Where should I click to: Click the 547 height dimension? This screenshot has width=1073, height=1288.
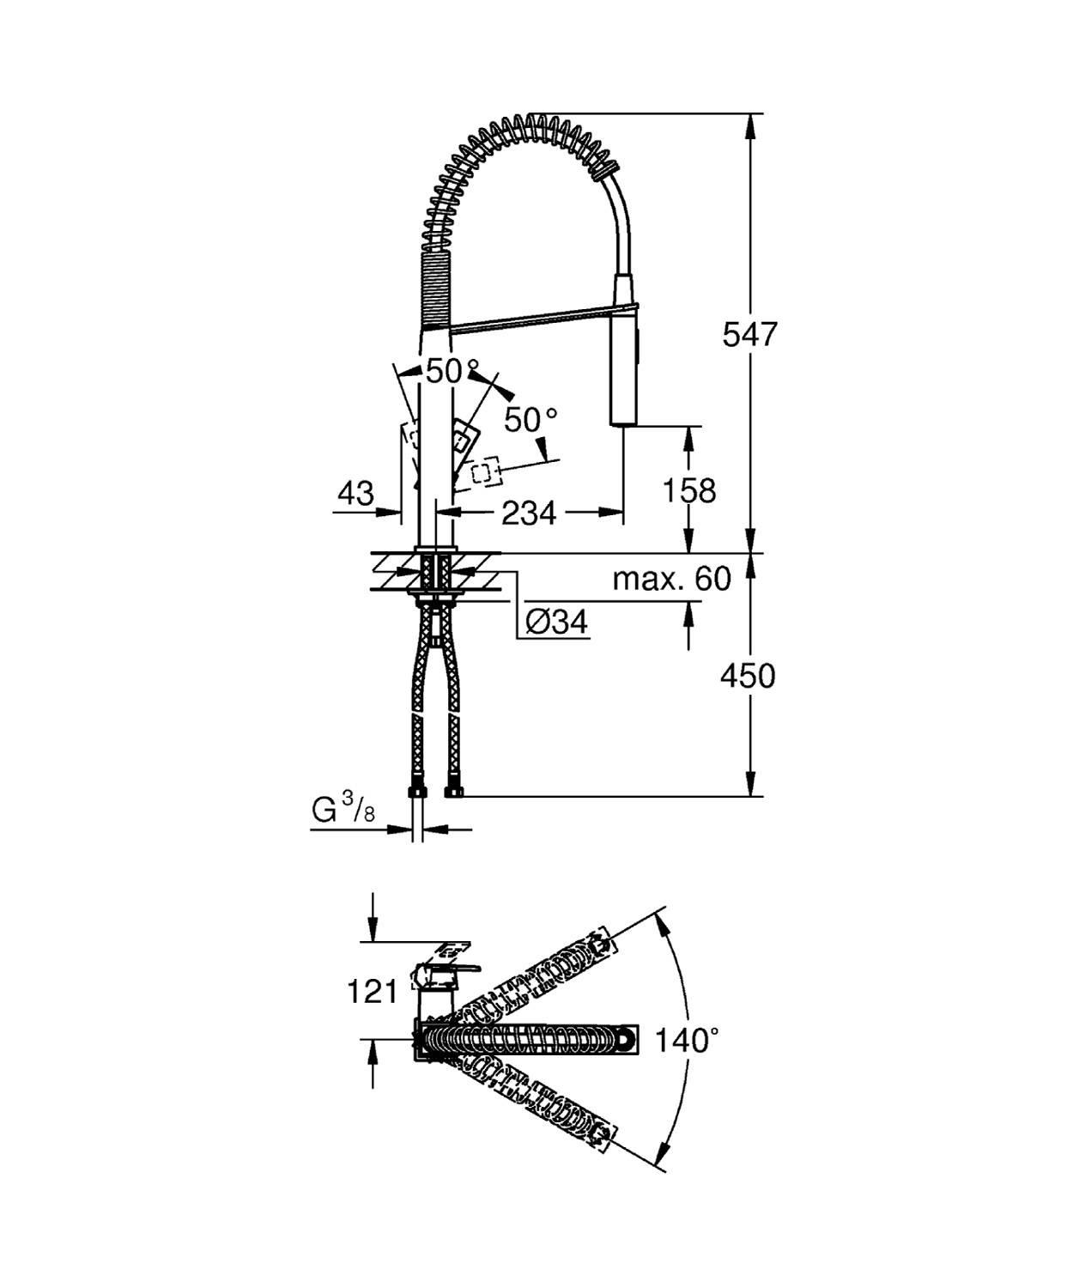click(x=749, y=334)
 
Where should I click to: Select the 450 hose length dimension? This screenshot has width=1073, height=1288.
click(x=747, y=677)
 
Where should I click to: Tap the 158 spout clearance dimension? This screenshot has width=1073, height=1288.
click(x=688, y=490)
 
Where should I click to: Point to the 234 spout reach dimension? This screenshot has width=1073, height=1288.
click(x=528, y=513)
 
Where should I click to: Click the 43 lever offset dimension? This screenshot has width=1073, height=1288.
click(x=355, y=494)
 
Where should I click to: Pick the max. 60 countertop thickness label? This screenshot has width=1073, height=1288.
click(x=671, y=579)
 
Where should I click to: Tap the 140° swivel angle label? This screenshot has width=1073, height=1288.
click(x=687, y=1041)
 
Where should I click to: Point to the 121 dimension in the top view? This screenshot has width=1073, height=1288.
click(x=372, y=992)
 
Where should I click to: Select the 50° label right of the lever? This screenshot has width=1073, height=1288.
click(x=530, y=420)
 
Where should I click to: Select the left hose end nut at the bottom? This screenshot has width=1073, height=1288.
click(x=416, y=791)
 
